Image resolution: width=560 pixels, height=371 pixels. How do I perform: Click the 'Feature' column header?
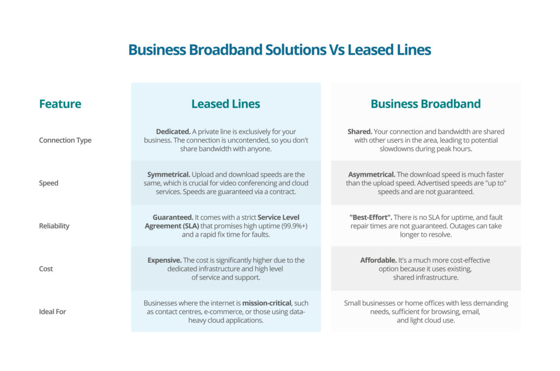(x=60, y=104)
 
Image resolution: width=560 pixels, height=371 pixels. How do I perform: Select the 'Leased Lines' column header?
(x=225, y=104)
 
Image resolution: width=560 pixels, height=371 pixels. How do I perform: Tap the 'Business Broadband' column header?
(x=425, y=104)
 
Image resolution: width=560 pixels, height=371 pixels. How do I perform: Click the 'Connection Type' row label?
(x=65, y=140)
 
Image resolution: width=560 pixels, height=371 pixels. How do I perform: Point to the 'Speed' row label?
(x=49, y=183)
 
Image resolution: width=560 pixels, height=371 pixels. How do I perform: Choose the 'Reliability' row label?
(x=54, y=226)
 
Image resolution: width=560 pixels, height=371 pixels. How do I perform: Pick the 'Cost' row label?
(x=46, y=269)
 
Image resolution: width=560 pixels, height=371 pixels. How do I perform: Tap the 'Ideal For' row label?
(x=52, y=311)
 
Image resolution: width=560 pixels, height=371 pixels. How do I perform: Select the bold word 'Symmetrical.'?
(x=169, y=174)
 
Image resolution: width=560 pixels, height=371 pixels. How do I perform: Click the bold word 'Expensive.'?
(x=165, y=260)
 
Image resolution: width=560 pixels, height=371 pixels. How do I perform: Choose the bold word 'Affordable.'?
(x=378, y=260)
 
